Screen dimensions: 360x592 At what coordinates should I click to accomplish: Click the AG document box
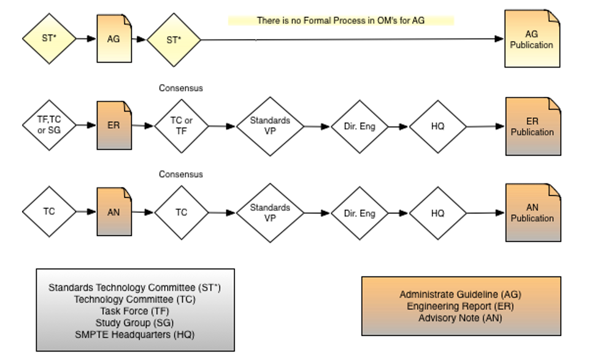[114, 39]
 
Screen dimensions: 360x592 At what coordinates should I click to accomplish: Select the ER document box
[114, 126]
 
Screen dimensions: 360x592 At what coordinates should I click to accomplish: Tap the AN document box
[114, 212]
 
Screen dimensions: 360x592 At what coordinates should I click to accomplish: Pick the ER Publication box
[532, 126]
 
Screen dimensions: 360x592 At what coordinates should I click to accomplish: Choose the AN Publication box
[532, 213]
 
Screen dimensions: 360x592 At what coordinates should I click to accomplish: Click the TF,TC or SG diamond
[49, 126]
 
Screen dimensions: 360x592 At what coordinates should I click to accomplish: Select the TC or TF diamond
[181, 126]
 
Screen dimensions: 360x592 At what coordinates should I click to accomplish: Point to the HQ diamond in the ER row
[437, 126]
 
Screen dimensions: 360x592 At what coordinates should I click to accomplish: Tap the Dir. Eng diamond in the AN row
[359, 213]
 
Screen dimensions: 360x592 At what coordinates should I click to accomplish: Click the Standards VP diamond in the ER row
[270, 126]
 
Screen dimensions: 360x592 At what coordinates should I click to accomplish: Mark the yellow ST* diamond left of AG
[49, 39]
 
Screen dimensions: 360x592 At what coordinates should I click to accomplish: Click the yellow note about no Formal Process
[340, 20]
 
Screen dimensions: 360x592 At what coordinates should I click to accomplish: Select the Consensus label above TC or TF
[181, 88]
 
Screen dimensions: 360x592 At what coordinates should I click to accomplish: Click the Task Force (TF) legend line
[134, 311]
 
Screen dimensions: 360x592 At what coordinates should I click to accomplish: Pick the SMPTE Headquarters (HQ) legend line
[134, 334]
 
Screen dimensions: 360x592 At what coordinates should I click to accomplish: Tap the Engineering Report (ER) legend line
[460, 306]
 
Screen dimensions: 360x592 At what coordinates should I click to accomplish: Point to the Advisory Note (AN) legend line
[460, 318]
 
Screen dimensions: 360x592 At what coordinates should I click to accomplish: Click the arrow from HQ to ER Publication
[485, 127]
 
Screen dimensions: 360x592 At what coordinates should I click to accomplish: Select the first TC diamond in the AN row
[49, 212]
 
